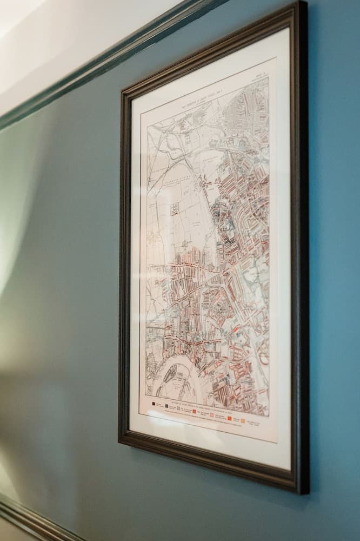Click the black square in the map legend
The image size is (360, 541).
tap(154, 403)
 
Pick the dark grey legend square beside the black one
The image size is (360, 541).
tap(166, 405)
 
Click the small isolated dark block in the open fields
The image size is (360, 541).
tap(175, 209)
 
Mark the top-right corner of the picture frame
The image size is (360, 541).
tap(303, 4)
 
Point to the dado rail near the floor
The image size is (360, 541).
tap(32, 522)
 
